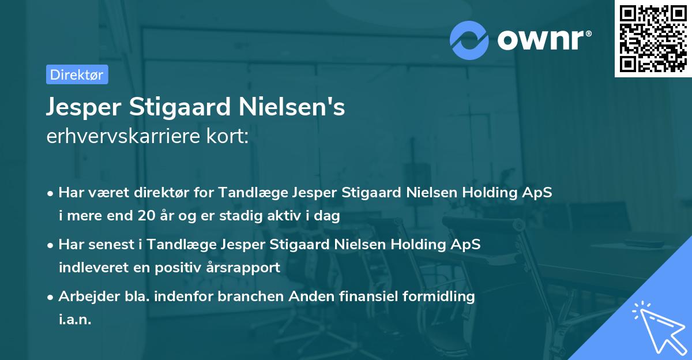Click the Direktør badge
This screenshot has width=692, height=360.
77,74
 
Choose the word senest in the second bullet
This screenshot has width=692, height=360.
110,244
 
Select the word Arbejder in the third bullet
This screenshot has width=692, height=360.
84,296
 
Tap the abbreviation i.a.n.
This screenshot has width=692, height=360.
75,320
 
